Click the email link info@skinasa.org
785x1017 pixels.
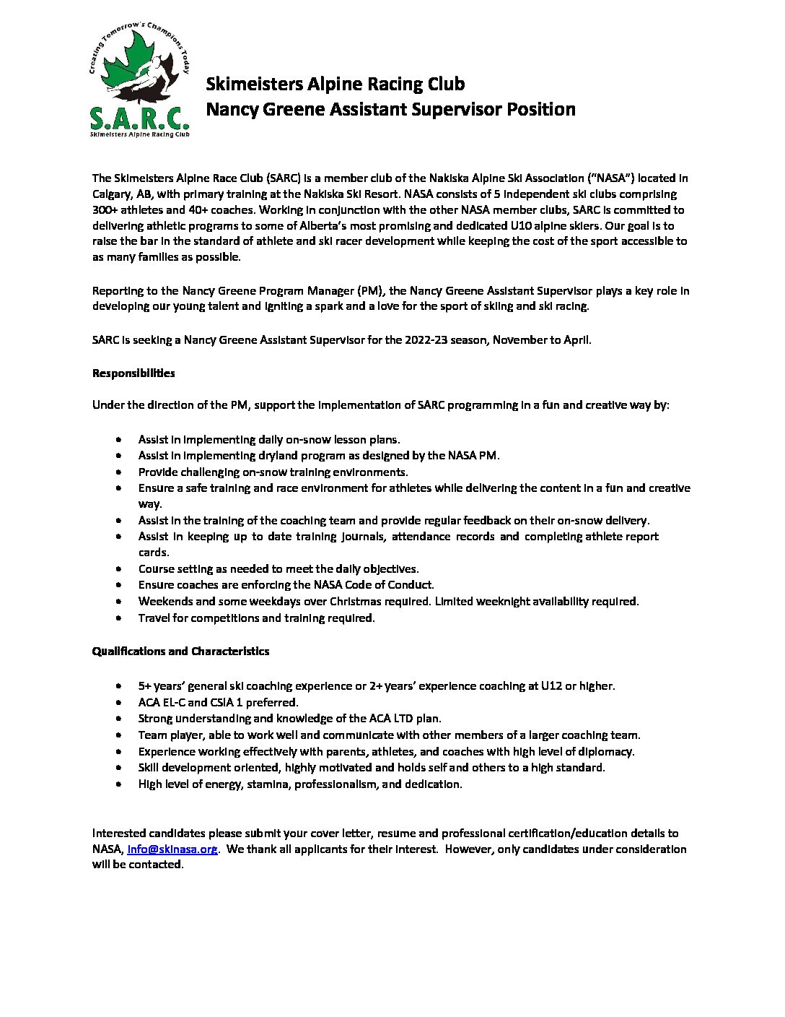click(172, 849)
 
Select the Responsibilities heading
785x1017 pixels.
click(133, 373)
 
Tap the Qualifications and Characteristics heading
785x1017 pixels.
click(180, 651)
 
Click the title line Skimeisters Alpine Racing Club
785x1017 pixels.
click(336, 84)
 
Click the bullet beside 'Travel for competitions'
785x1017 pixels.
click(119, 618)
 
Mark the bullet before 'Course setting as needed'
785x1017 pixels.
click(119, 569)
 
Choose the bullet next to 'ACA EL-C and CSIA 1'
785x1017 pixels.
click(119, 702)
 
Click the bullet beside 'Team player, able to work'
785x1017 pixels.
click(119, 735)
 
